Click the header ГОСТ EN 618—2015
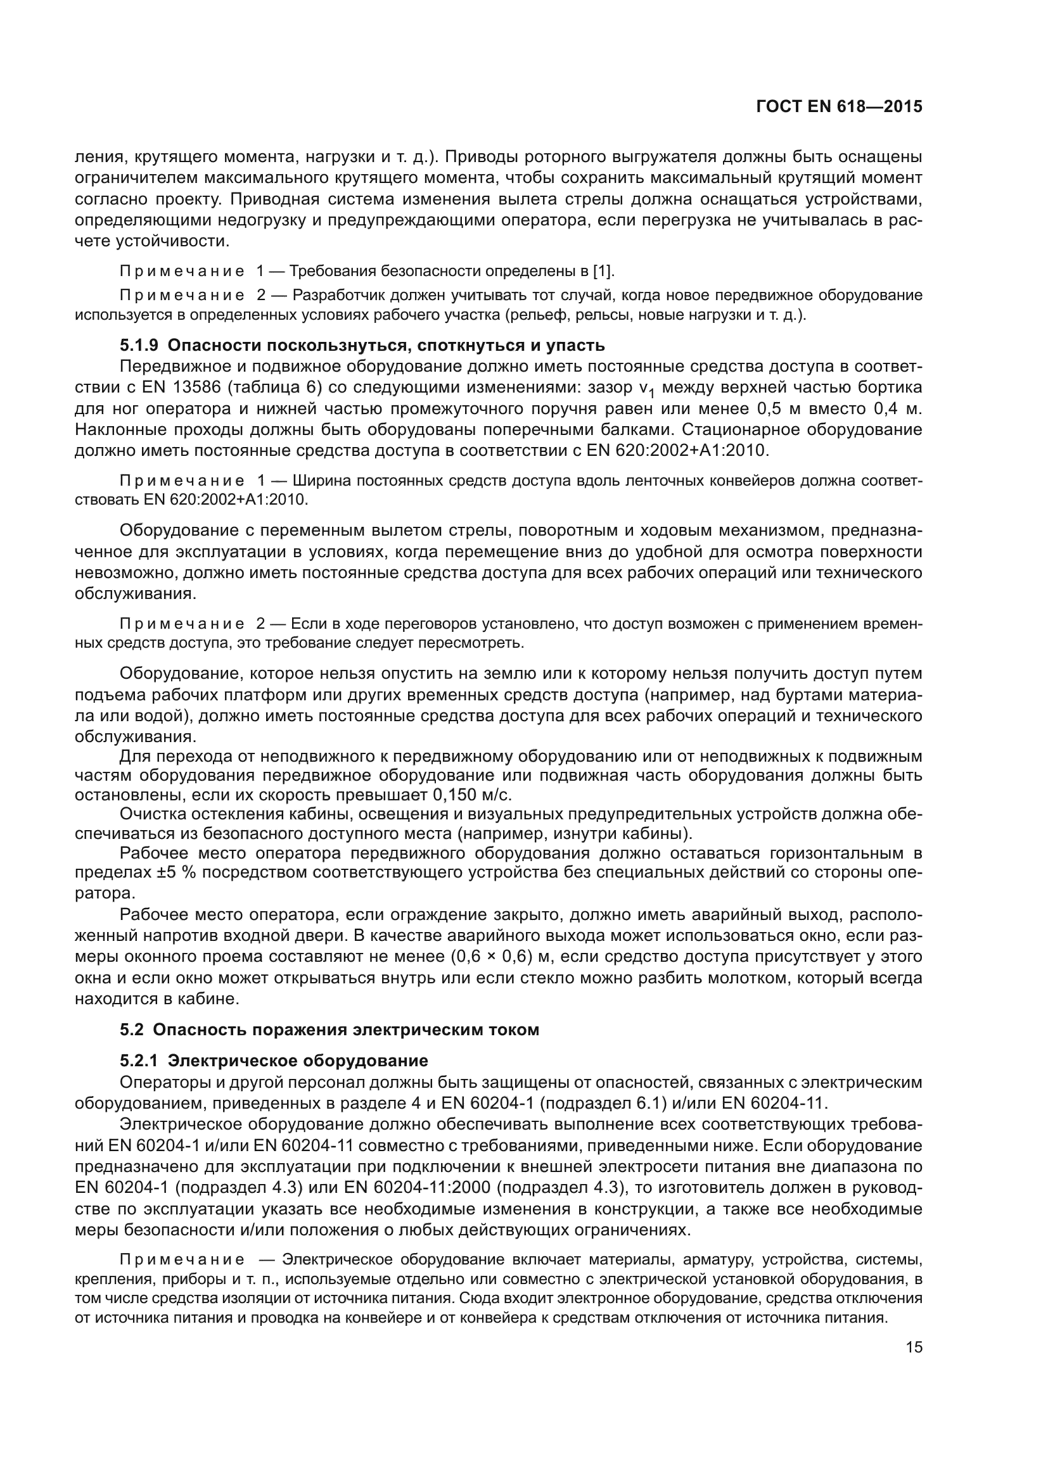coord(838,107)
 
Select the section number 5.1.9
coord(138,345)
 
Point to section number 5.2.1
coord(138,1061)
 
